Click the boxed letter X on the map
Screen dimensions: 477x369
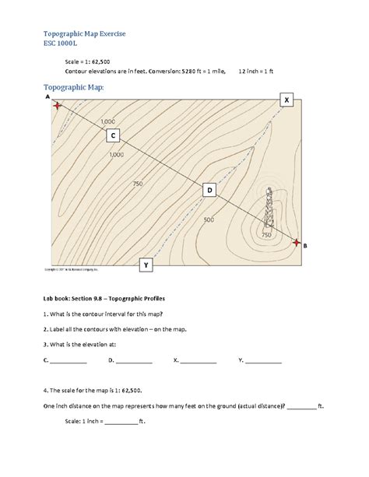point(287,100)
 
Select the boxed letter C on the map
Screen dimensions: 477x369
point(113,136)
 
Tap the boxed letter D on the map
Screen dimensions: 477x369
point(209,190)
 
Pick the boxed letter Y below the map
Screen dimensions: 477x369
point(145,266)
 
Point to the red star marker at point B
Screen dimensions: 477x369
point(296,242)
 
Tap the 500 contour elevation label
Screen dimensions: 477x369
point(208,220)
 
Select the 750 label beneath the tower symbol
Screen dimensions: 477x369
point(265,234)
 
